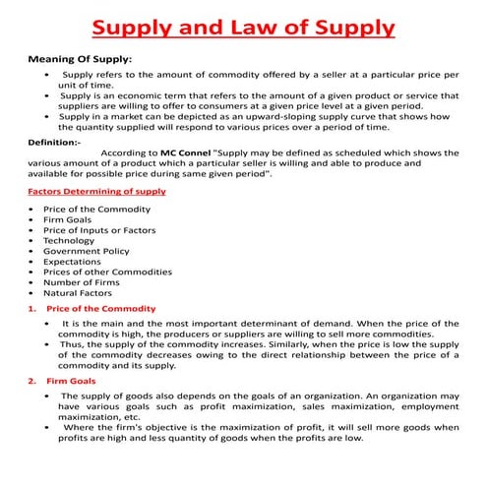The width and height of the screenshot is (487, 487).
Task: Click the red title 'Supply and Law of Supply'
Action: pos(244,25)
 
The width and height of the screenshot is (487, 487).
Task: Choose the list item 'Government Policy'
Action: pos(86,250)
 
